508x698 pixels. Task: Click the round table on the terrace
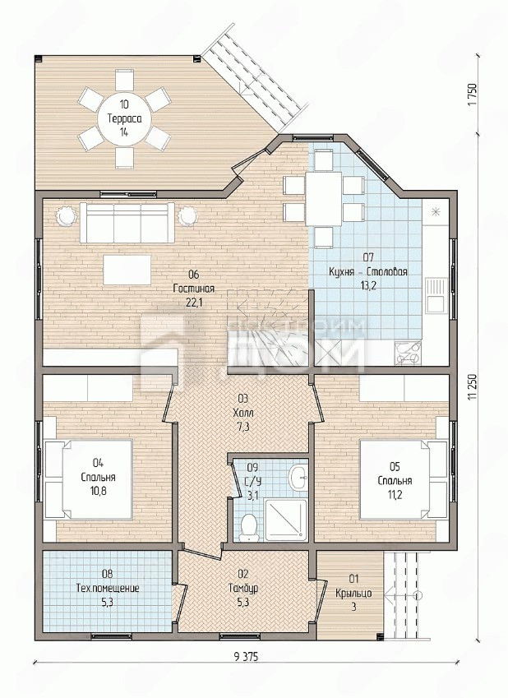coord(124,119)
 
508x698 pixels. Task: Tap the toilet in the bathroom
coord(248,528)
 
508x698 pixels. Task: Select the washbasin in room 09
coord(298,478)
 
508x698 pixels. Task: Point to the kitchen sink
coord(436,294)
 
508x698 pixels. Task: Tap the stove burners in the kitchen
coord(408,352)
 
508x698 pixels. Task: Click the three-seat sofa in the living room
coord(127,223)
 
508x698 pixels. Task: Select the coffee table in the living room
coord(127,270)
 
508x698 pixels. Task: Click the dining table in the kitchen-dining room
coord(324,198)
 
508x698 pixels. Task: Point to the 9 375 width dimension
coord(245,656)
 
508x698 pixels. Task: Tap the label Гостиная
coord(194,289)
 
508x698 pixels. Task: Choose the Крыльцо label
coord(354,594)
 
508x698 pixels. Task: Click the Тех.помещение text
coord(108,588)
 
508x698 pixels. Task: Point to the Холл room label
coord(243,413)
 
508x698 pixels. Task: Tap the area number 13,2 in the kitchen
coord(368,286)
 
